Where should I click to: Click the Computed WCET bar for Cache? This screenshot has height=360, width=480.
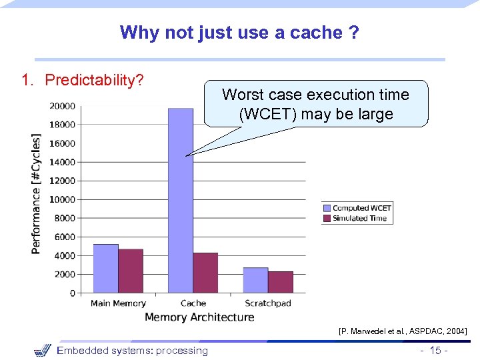[x=180, y=200]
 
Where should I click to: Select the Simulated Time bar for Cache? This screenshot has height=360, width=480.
[x=205, y=273]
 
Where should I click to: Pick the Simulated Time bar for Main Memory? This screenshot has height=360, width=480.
[x=131, y=271]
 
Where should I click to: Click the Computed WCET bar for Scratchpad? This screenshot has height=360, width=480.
[x=255, y=280]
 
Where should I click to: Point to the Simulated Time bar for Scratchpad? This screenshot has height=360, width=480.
[x=281, y=282]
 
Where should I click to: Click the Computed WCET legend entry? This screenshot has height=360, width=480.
[x=357, y=208]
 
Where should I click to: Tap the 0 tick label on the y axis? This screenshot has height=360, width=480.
[x=72, y=293]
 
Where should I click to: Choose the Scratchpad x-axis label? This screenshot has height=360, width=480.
[x=268, y=303]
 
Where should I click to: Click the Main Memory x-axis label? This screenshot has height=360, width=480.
[x=118, y=303]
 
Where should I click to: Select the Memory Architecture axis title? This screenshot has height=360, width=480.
[x=199, y=317]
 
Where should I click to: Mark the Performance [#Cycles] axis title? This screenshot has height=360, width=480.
[x=36, y=193]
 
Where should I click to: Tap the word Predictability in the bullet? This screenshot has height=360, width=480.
[x=92, y=81]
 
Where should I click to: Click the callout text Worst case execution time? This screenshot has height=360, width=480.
[x=315, y=95]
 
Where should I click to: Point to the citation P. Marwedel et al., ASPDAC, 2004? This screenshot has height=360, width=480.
[x=403, y=331]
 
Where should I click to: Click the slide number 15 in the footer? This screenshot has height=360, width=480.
[x=435, y=351]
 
